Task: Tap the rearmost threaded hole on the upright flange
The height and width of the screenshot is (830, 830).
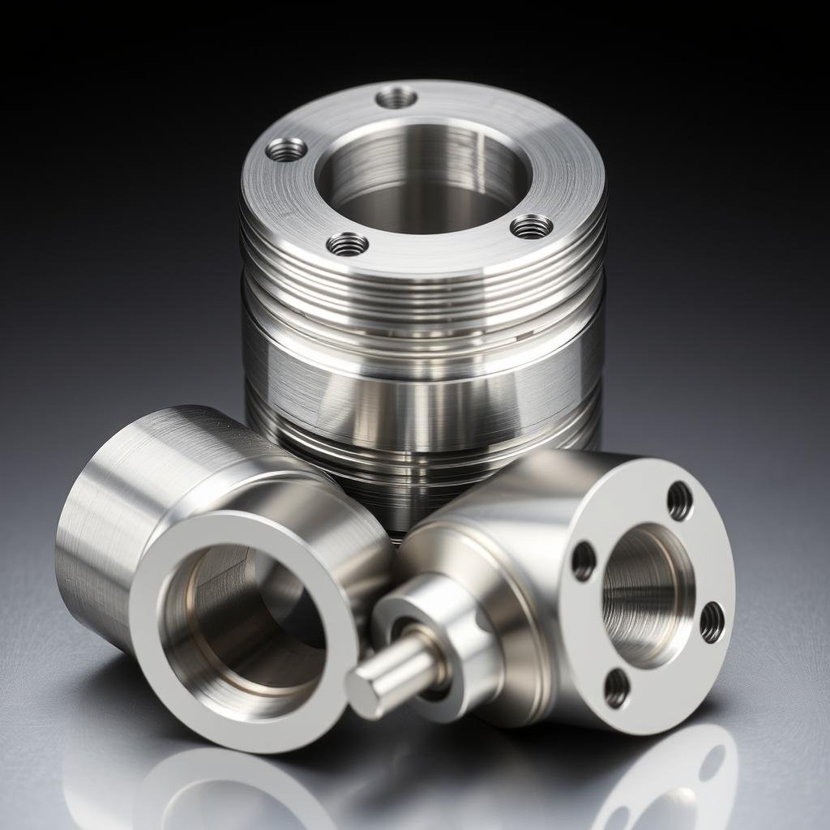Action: coord(396,98)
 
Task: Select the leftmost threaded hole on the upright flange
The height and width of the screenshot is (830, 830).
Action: coord(286,149)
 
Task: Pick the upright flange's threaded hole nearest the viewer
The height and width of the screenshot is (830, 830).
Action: coord(347,243)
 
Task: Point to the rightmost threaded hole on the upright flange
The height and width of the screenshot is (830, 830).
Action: coord(532,226)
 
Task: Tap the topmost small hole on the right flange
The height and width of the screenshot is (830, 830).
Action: coord(679,500)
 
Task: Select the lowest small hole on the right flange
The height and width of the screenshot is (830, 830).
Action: coord(617,688)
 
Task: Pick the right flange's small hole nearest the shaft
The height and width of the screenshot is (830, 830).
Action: coord(584,560)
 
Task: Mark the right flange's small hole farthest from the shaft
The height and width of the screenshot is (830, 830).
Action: coord(712,622)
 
